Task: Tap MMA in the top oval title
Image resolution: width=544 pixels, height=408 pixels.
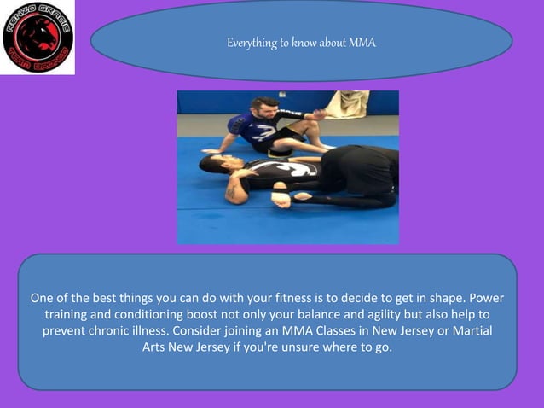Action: coord(361,42)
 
